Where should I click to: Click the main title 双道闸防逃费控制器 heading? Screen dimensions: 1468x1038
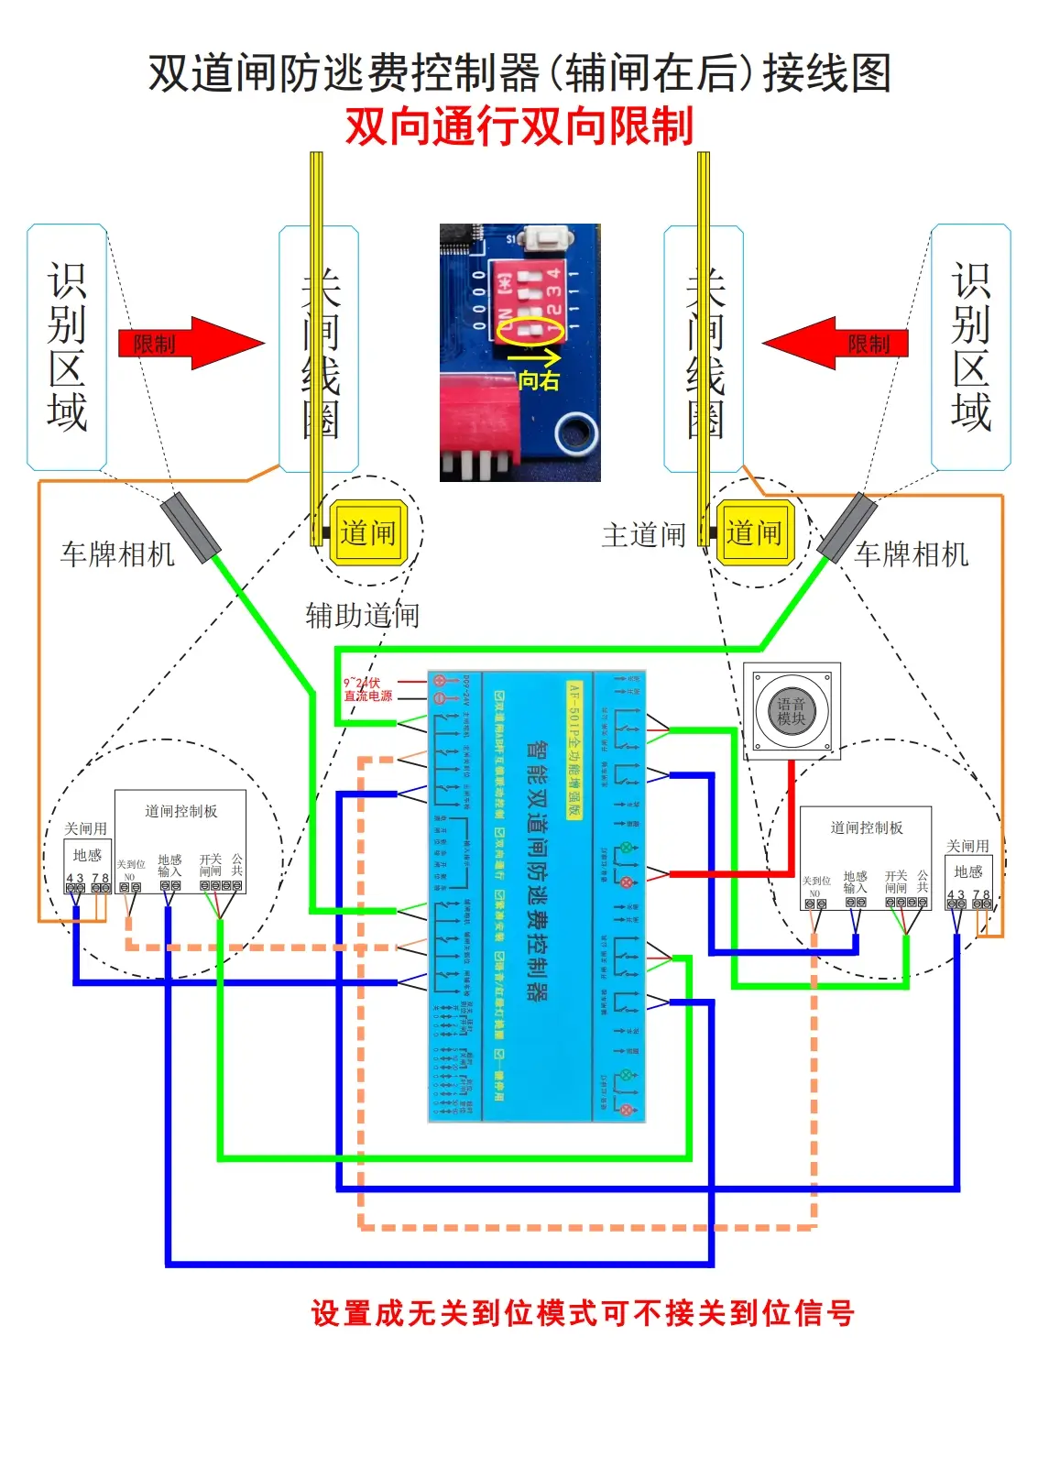pyautogui.click(x=519, y=73)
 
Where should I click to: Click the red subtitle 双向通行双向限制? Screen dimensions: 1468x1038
pyautogui.click(x=519, y=126)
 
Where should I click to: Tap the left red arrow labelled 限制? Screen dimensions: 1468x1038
pyautogui.click(x=191, y=344)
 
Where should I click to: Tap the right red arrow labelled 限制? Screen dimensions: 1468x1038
pyautogui.click(x=836, y=344)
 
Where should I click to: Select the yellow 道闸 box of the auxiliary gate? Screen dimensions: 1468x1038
pyautogui.click(x=367, y=532)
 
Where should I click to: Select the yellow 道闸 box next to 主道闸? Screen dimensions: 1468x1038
pyautogui.click(x=754, y=532)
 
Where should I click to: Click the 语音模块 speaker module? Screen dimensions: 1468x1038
pyautogui.click(x=792, y=711)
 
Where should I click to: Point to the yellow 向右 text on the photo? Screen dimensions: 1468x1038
pyautogui.click(x=539, y=380)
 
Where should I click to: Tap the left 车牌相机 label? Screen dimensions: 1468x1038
pyautogui.click(x=117, y=554)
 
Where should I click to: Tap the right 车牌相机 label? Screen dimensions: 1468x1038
pyautogui.click(x=912, y=554)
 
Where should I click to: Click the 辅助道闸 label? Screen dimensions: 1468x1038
pyautogui.click(x=363, y=615)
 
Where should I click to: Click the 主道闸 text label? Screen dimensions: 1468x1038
pyautogui.click(x=643, y=535)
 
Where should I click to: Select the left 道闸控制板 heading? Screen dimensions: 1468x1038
pyautogui.click(x=180, y=812)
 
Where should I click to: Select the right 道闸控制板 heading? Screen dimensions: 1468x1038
pyautogui.click(x=866, y=828)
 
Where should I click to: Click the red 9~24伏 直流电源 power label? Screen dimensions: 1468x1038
pyautogui.click(x=367, y=690)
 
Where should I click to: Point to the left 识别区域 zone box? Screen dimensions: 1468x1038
pyautogui.click(x=67, y=348)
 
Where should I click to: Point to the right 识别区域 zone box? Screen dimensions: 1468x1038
pyautogui.click(x=971, y=348)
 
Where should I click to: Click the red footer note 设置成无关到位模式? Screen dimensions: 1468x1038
pyautogui.click(x=583, y=1313)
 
